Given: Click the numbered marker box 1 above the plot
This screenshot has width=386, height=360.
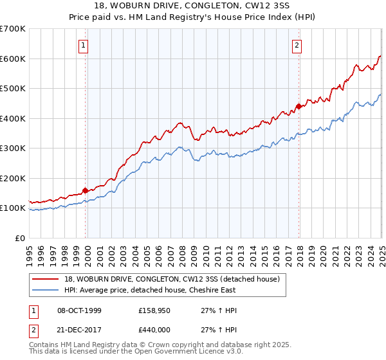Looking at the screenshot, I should pyautogui.click(x=84, y=45).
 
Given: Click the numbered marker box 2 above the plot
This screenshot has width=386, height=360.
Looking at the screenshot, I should pyautogui.click(x=297, y=45).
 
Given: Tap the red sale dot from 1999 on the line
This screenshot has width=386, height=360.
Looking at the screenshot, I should pyautogui.click(x=86, y=190).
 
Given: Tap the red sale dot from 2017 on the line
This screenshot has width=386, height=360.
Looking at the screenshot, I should pyautogui.click(x=299, y=107).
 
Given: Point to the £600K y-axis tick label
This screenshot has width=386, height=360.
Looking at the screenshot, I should pyautogui.click(x=13, y=59).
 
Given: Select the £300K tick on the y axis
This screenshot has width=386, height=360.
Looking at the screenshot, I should pyautogui.click(x=13, y=148).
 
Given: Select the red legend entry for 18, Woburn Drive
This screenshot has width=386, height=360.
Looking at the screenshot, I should pyautogui.click(x=172, y=280).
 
